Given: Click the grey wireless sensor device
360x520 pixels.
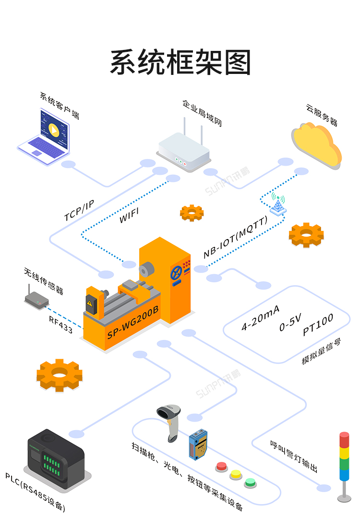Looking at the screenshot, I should click(36, 299).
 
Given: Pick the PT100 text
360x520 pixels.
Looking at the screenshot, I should click(318, 325).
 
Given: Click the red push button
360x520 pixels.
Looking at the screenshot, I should click(222, 465).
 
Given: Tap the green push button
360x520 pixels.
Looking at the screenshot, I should click(250, 482).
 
